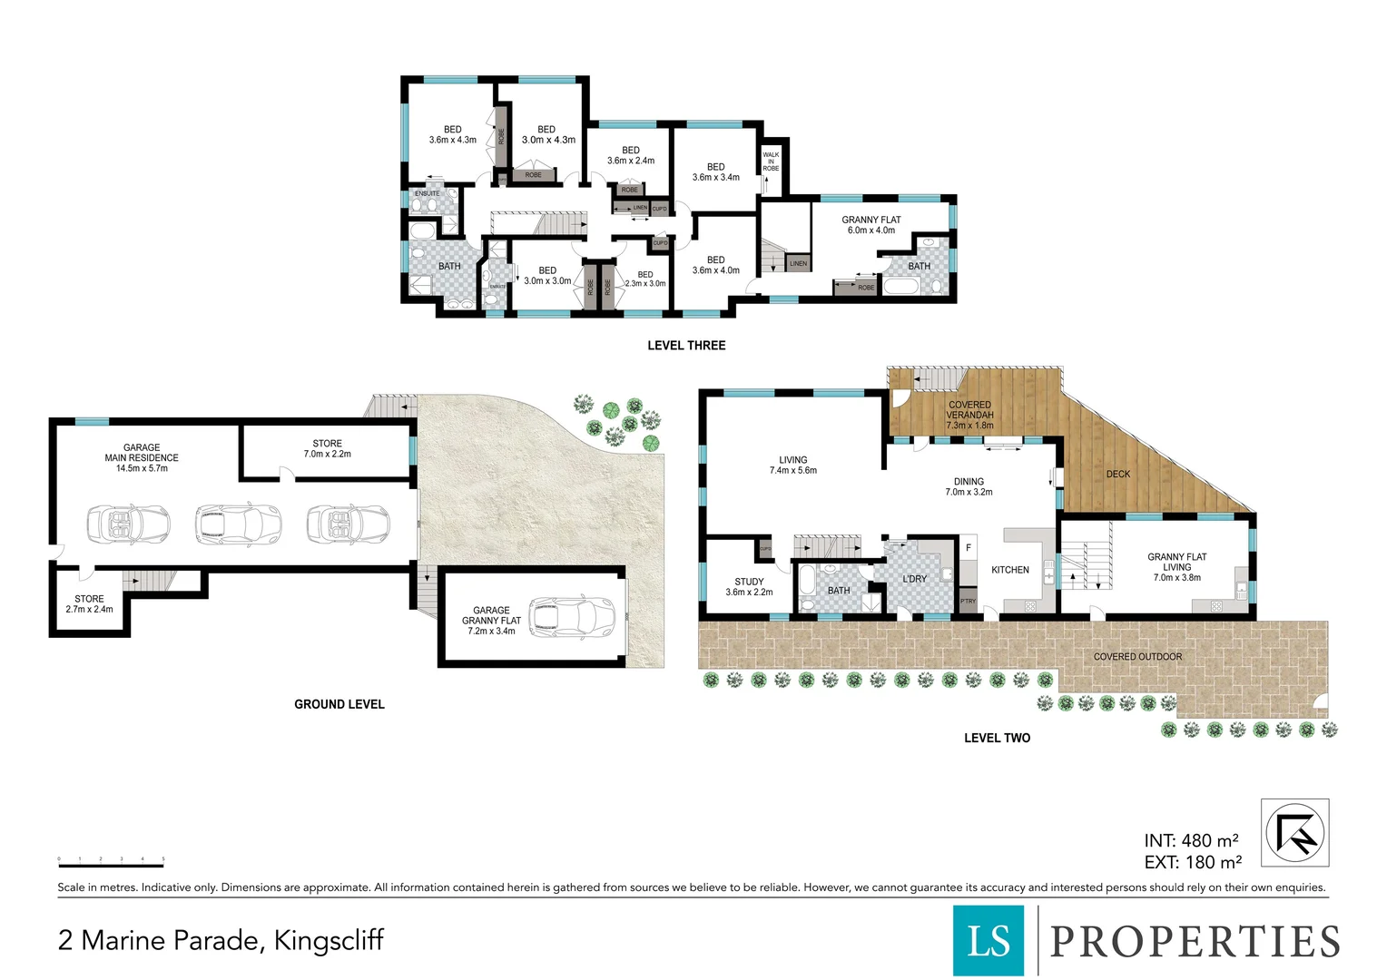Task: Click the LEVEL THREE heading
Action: [686, 346]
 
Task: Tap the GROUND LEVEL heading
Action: [339, 704]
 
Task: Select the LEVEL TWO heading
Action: [997, 738]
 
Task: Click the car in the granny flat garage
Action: [572, 617]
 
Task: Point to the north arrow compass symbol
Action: [1295, 832]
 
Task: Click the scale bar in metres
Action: [111, 863]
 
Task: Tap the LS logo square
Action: [988, 940]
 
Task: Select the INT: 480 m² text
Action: [1191, 841]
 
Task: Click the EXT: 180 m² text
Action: [1192, 863]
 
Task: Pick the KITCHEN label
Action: [1010, 570]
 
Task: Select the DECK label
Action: [1118, 474]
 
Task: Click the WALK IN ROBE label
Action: [771, 162]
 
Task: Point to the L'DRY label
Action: [914, 579]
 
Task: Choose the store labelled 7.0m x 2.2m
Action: [327, 449]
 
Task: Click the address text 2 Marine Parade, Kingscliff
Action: [221, 940]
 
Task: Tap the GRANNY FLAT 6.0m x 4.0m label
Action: [871, 225]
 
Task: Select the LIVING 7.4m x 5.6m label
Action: [792, 465]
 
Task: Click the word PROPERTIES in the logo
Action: [1195, 941]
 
